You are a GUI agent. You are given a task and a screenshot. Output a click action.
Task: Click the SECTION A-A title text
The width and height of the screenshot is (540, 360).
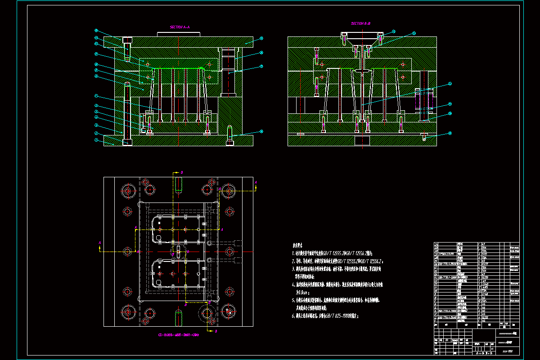(180, 27)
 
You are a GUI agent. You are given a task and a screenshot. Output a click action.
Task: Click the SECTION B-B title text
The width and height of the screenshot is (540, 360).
(360, 23)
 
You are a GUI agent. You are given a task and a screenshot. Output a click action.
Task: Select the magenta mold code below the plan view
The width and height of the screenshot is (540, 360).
(179, 335)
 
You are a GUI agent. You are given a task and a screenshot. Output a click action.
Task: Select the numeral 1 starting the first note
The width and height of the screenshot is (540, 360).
(293, 254)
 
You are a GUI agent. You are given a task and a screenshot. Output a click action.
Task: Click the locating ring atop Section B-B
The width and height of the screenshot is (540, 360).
(362, 35)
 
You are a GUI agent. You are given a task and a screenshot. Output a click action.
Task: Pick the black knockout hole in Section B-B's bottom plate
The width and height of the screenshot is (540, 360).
(362, 140)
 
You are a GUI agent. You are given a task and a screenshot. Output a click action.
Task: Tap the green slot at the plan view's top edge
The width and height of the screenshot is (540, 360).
(179, 184)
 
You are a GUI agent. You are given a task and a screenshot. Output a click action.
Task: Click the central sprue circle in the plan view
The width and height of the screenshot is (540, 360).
(178, 252)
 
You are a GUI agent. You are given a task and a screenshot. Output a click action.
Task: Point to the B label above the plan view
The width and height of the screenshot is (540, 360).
(182, 172)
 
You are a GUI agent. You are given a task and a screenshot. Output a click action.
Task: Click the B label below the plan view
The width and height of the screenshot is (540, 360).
(216, 331)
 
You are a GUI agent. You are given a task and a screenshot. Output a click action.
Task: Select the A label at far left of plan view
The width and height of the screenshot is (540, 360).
(99, 243)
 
